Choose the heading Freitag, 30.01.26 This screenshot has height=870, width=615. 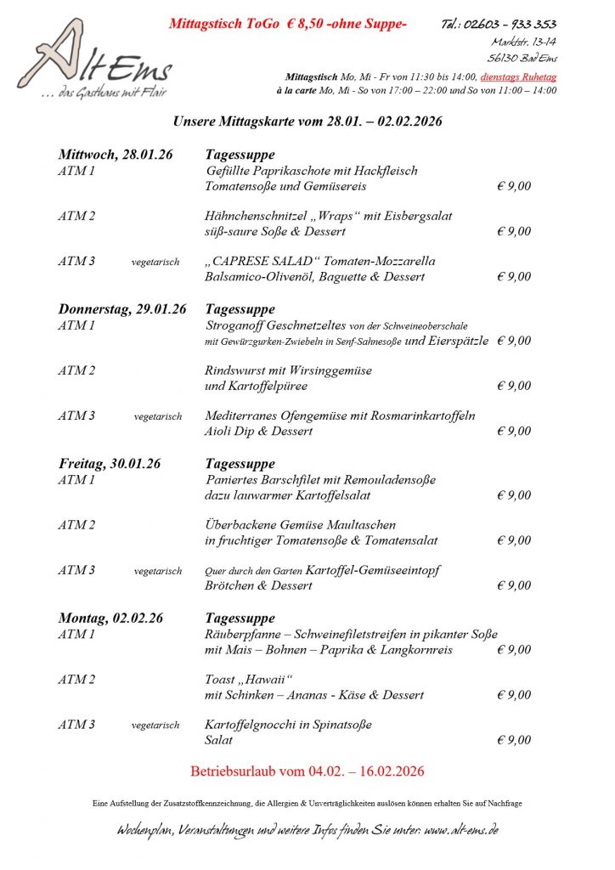(x=109, y=464)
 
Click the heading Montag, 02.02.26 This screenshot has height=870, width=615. (x=110, y=619)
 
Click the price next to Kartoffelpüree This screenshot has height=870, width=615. (x=514, y=386)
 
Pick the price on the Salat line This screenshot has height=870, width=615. (x=514, y=740)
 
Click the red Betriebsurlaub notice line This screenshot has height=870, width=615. (x=307, y=771)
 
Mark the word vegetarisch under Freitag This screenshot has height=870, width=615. (x=157, y=571)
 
